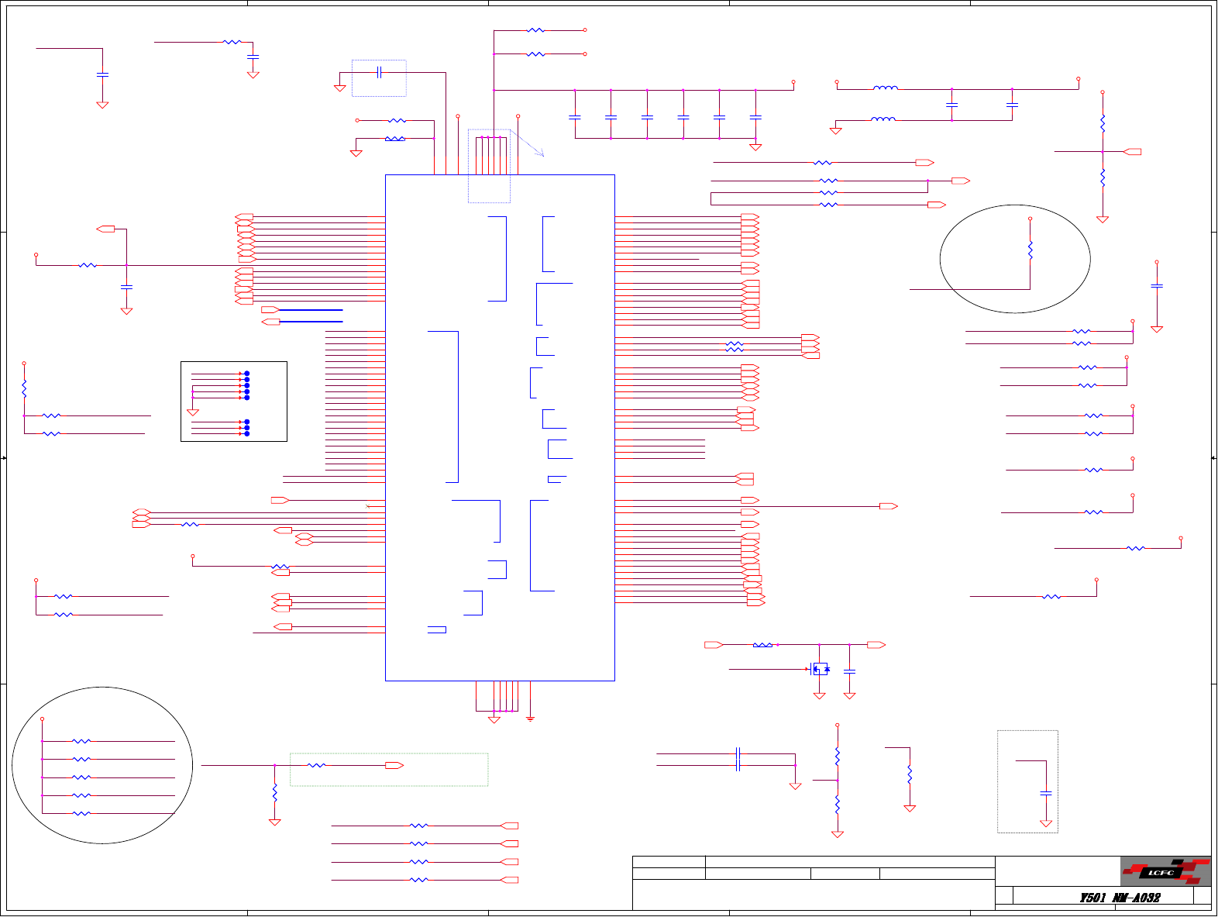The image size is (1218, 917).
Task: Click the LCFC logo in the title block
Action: (x=1165, y=872)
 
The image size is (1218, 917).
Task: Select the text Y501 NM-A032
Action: (x=1120, y=898)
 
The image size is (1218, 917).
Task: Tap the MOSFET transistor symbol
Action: (x=818, y=669)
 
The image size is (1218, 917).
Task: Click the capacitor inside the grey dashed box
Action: (x=1046, y=794)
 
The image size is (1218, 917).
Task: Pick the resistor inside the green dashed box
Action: (x=316, y=766)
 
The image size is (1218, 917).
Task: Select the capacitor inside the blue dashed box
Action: (x=379, y=73)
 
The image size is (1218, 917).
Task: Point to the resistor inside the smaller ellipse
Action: (x=1030, y=250)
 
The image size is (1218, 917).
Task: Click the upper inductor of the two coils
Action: (x=886, y=89)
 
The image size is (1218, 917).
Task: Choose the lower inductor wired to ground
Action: (x=883, y=120)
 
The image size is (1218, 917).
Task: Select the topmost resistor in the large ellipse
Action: (x=81, y=742)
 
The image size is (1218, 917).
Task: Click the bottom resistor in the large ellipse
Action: (x=81, y=814)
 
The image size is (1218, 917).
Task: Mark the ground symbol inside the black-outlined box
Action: (x=193, y=412)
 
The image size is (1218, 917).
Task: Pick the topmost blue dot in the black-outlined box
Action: (x=247, y=374)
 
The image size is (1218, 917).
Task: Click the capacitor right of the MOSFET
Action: (x=849, y=671)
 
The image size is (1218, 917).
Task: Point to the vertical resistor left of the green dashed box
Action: (x=274, y=793)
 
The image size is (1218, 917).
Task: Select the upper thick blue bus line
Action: (x=311, y=310)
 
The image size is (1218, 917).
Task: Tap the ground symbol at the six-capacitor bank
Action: (x=755, y=147)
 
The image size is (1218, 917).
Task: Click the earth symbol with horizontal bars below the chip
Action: (x=531, y=719)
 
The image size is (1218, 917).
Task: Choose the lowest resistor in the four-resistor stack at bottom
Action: (x=418, y=880)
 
